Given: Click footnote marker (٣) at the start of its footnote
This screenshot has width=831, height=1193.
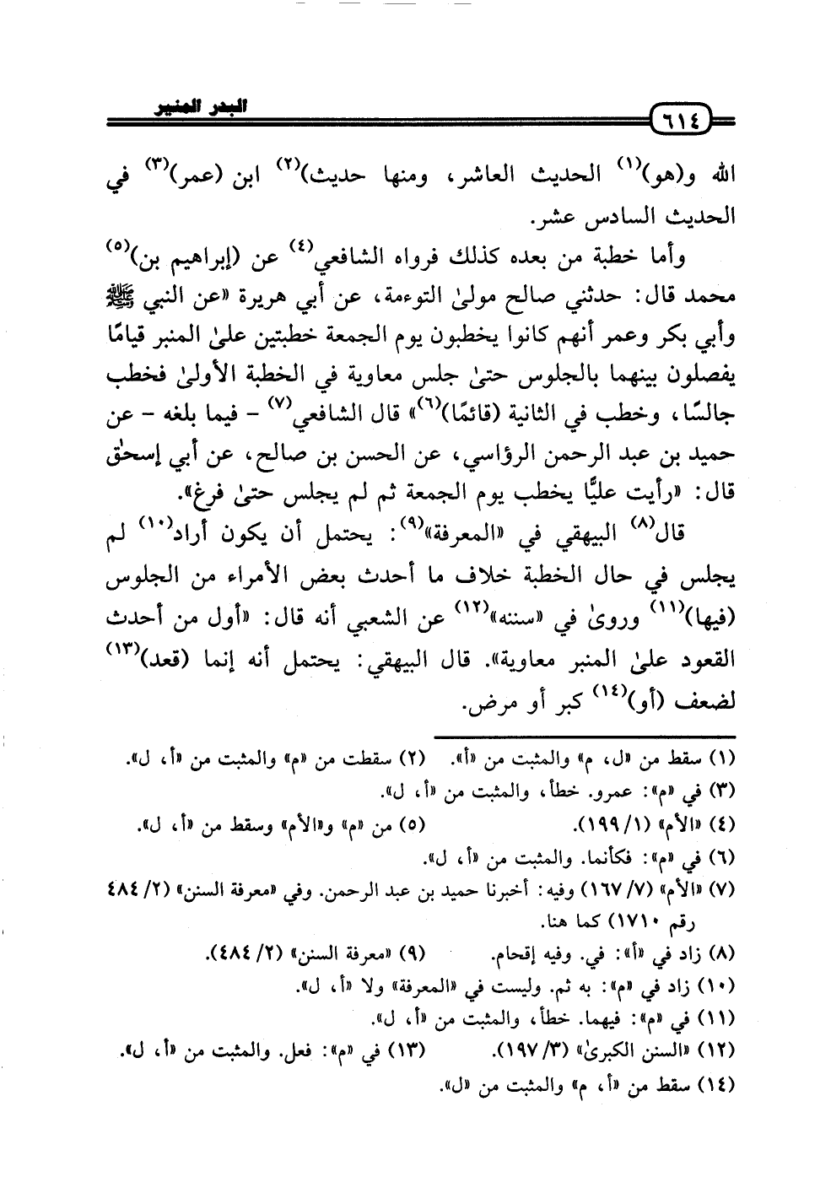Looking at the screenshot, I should tap(724, 791).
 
